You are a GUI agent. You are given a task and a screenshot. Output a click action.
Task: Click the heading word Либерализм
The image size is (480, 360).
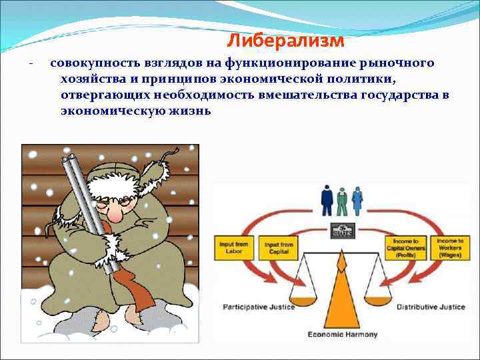click(285, 41)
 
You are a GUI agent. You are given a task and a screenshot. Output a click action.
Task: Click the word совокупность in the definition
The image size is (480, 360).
click(95, 63)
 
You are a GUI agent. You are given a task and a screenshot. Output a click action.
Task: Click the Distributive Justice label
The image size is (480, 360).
click(429, 307)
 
